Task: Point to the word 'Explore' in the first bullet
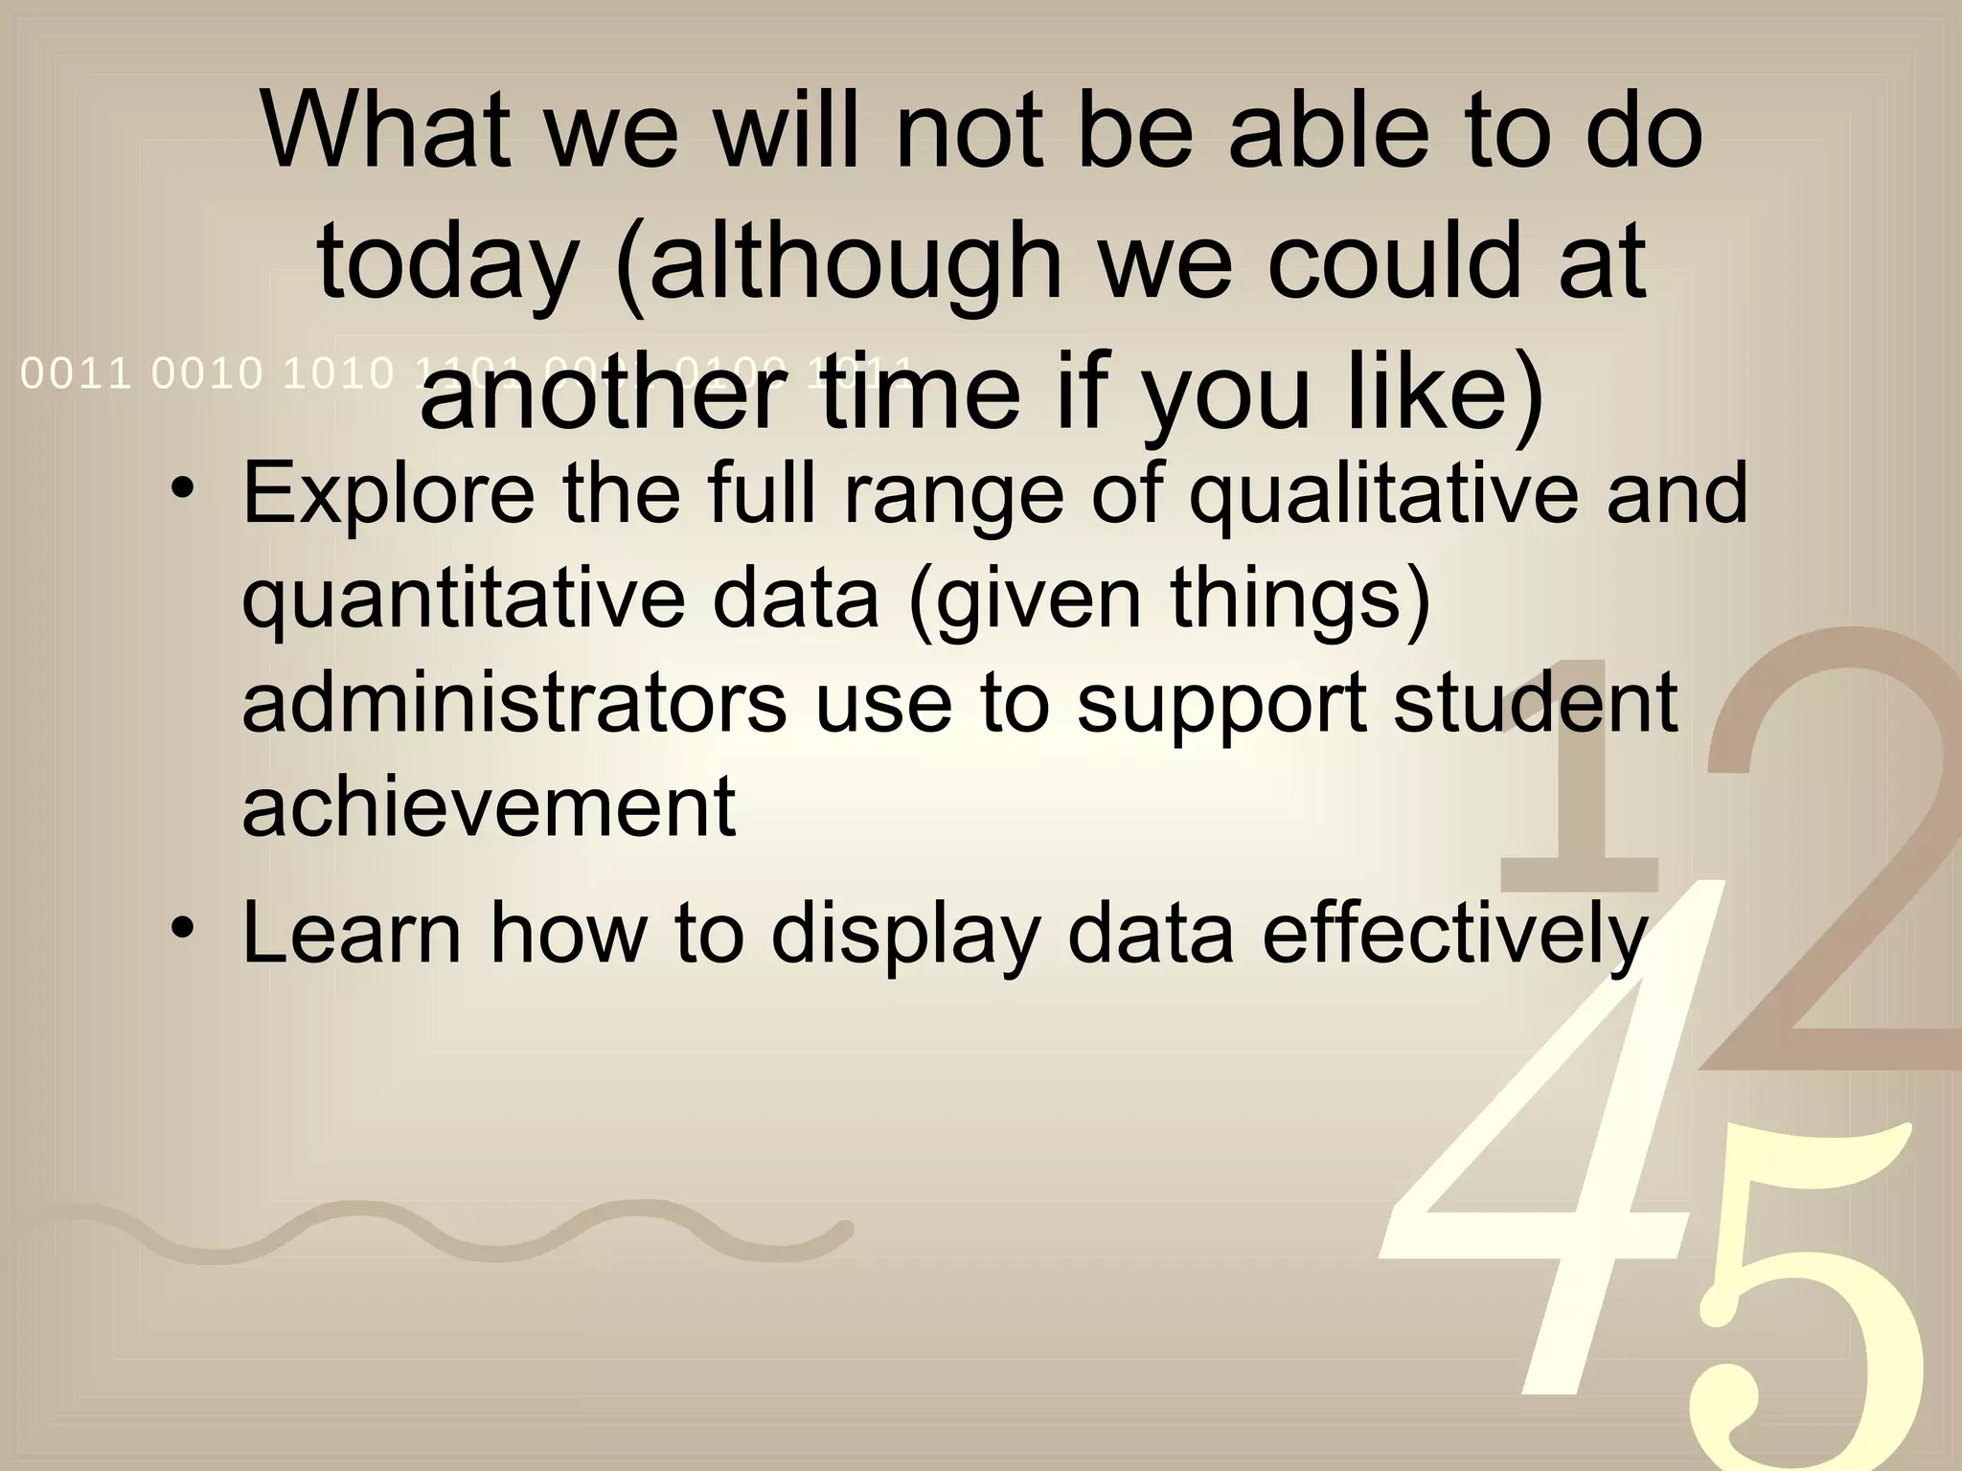[389, 494]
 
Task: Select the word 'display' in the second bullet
[904, 935]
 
